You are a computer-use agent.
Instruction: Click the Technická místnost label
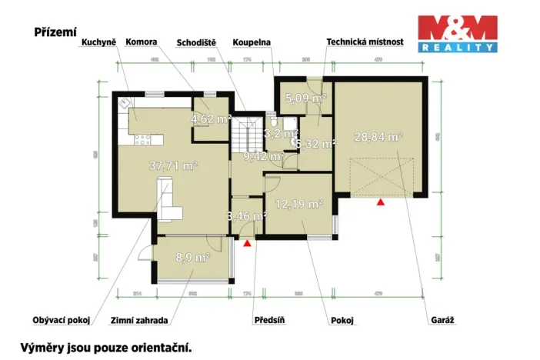pos(365,44)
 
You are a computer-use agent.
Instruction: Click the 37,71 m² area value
pos(174,165)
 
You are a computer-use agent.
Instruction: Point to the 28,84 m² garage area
pos(378,137)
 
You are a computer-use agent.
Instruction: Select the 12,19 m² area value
pos(298,205)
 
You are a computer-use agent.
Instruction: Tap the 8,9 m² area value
pos(192,258)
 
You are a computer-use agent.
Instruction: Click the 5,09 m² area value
pos(305,98)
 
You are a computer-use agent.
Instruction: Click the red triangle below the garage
pos(380,202)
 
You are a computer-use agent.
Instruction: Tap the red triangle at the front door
pos(246,243)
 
